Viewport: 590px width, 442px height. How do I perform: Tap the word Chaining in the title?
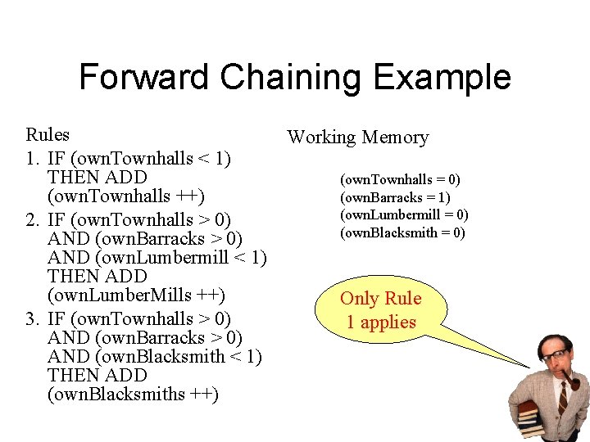291,78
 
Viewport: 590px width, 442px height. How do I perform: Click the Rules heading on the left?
48,134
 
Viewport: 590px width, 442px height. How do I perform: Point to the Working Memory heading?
357,138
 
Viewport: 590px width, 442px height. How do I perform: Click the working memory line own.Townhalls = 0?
401,179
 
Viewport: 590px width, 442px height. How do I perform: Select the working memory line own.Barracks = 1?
396,197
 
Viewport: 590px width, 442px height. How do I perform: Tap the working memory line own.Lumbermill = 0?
404,214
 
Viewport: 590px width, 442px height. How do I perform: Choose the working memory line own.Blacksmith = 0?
403,232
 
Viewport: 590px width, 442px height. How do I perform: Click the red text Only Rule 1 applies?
380,310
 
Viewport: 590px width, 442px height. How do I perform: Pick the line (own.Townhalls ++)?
126,196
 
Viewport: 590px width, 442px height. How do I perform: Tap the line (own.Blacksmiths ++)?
133,395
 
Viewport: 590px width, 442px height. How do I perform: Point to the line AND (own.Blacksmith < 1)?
155,356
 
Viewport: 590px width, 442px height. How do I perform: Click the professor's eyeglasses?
556,355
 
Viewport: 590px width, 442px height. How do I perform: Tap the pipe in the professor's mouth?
572,381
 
